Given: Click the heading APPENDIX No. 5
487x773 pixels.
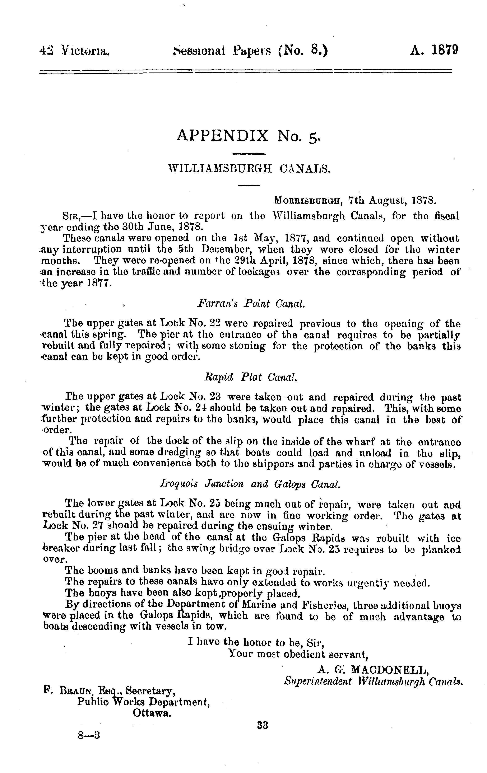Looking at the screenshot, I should click(x=248, y=136).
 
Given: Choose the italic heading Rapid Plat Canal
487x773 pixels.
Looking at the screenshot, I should click(x=250, y=377).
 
